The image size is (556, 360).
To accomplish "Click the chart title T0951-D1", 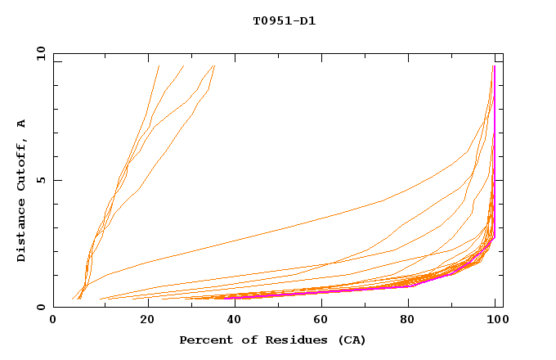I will [x=284, y=21].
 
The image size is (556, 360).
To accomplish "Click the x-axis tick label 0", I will [x=53, y=322].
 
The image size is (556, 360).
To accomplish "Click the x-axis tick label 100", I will [x=496, y=322].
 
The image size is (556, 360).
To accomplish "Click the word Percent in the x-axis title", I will [x=205, y=340].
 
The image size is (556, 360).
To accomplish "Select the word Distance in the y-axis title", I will [x=22, y=234].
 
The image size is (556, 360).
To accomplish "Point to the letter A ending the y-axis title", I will [x=22, y=124].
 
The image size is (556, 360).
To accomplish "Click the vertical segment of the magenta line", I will [x=494, y=147].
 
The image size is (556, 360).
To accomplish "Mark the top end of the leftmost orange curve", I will [x=159, y=65].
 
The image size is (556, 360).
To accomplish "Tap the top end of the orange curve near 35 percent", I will [x=213, y=65].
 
